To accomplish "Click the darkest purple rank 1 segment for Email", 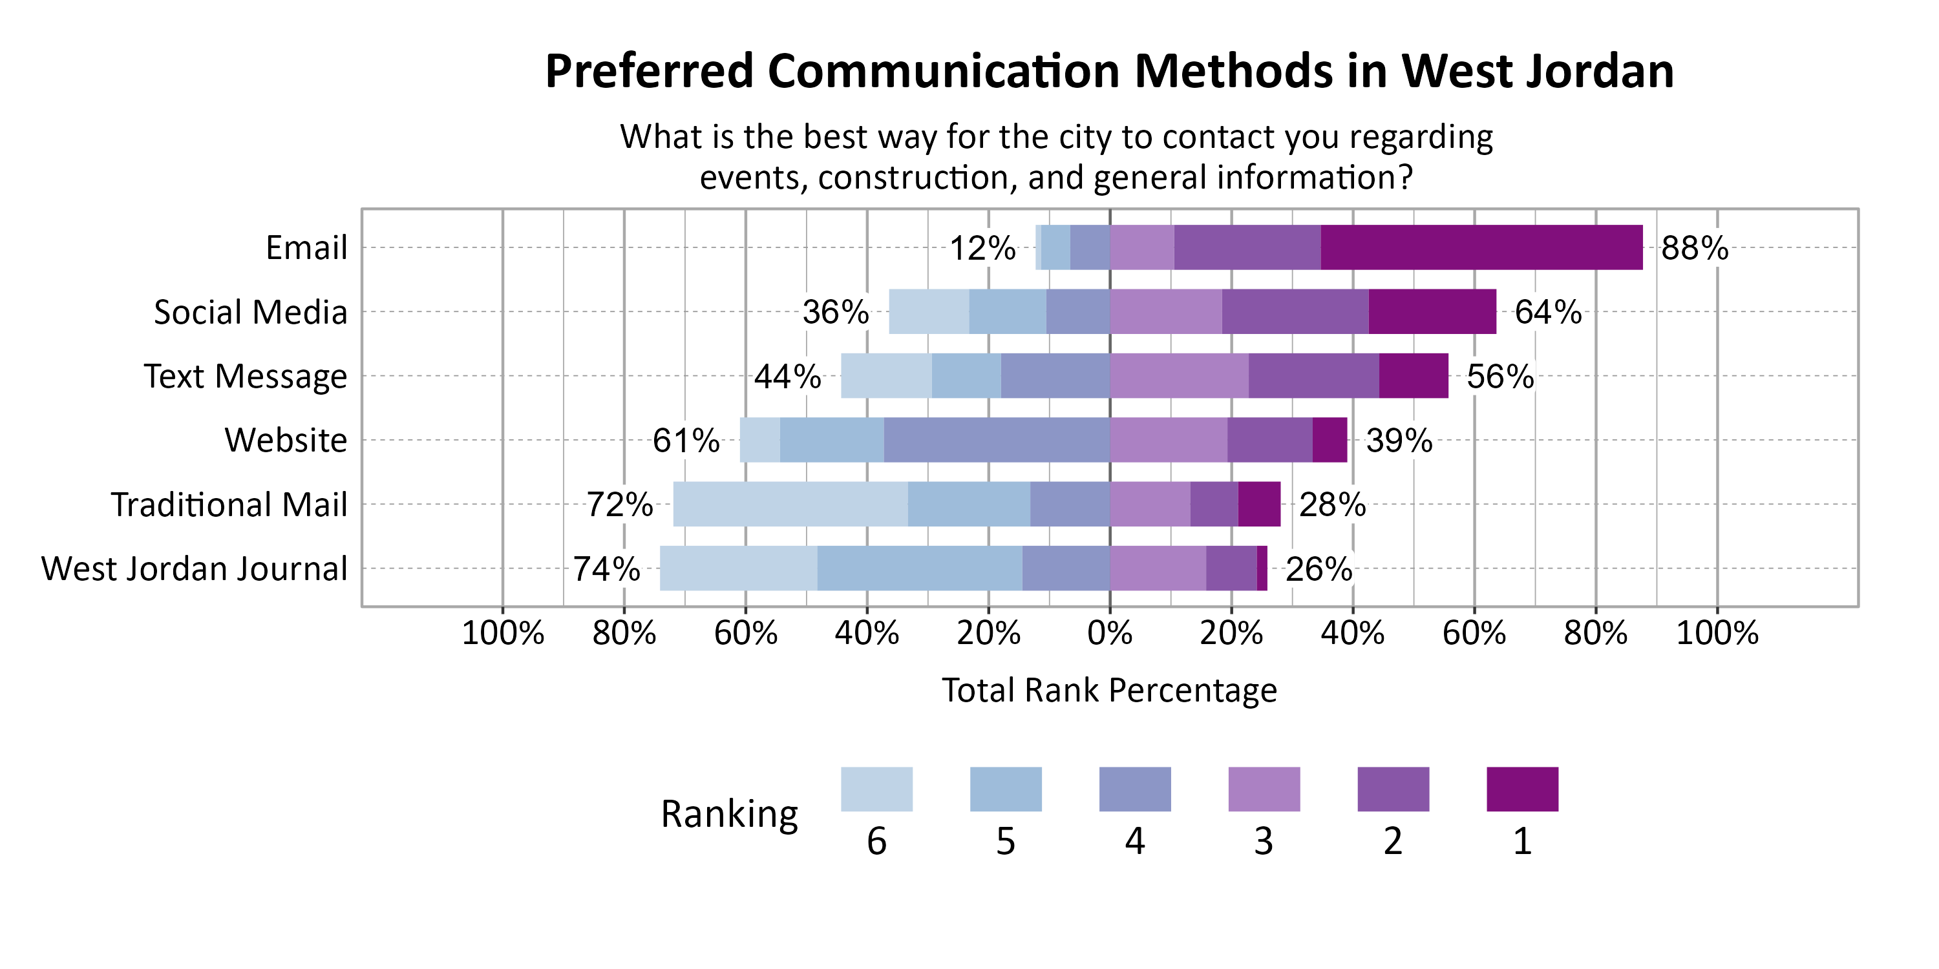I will tap(1481, 247).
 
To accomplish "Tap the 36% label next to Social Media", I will tap(835, 311).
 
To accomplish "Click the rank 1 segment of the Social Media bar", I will tap(1432, 311).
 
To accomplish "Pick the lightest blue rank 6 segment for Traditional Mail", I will tap(790, 504).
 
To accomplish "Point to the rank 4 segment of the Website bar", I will tap(996, 439).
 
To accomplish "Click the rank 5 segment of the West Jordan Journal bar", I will tap(919, 568).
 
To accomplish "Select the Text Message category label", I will tap(246, 376).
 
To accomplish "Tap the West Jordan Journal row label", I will tap(194, 568).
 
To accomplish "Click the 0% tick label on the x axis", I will tap(1110, 634).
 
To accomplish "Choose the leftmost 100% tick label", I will tap(502, 634).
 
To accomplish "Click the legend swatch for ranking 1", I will tap(1522, 789).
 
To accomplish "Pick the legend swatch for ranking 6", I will tap(876, 789).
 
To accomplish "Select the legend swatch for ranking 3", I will tap(1264, 789).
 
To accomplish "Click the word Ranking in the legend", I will tap(728, 814).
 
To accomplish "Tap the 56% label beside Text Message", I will tap(1499, 376).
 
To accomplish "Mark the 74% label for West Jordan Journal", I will tap(606, 568).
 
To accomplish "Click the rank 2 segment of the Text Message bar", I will tap(1313, 375).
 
